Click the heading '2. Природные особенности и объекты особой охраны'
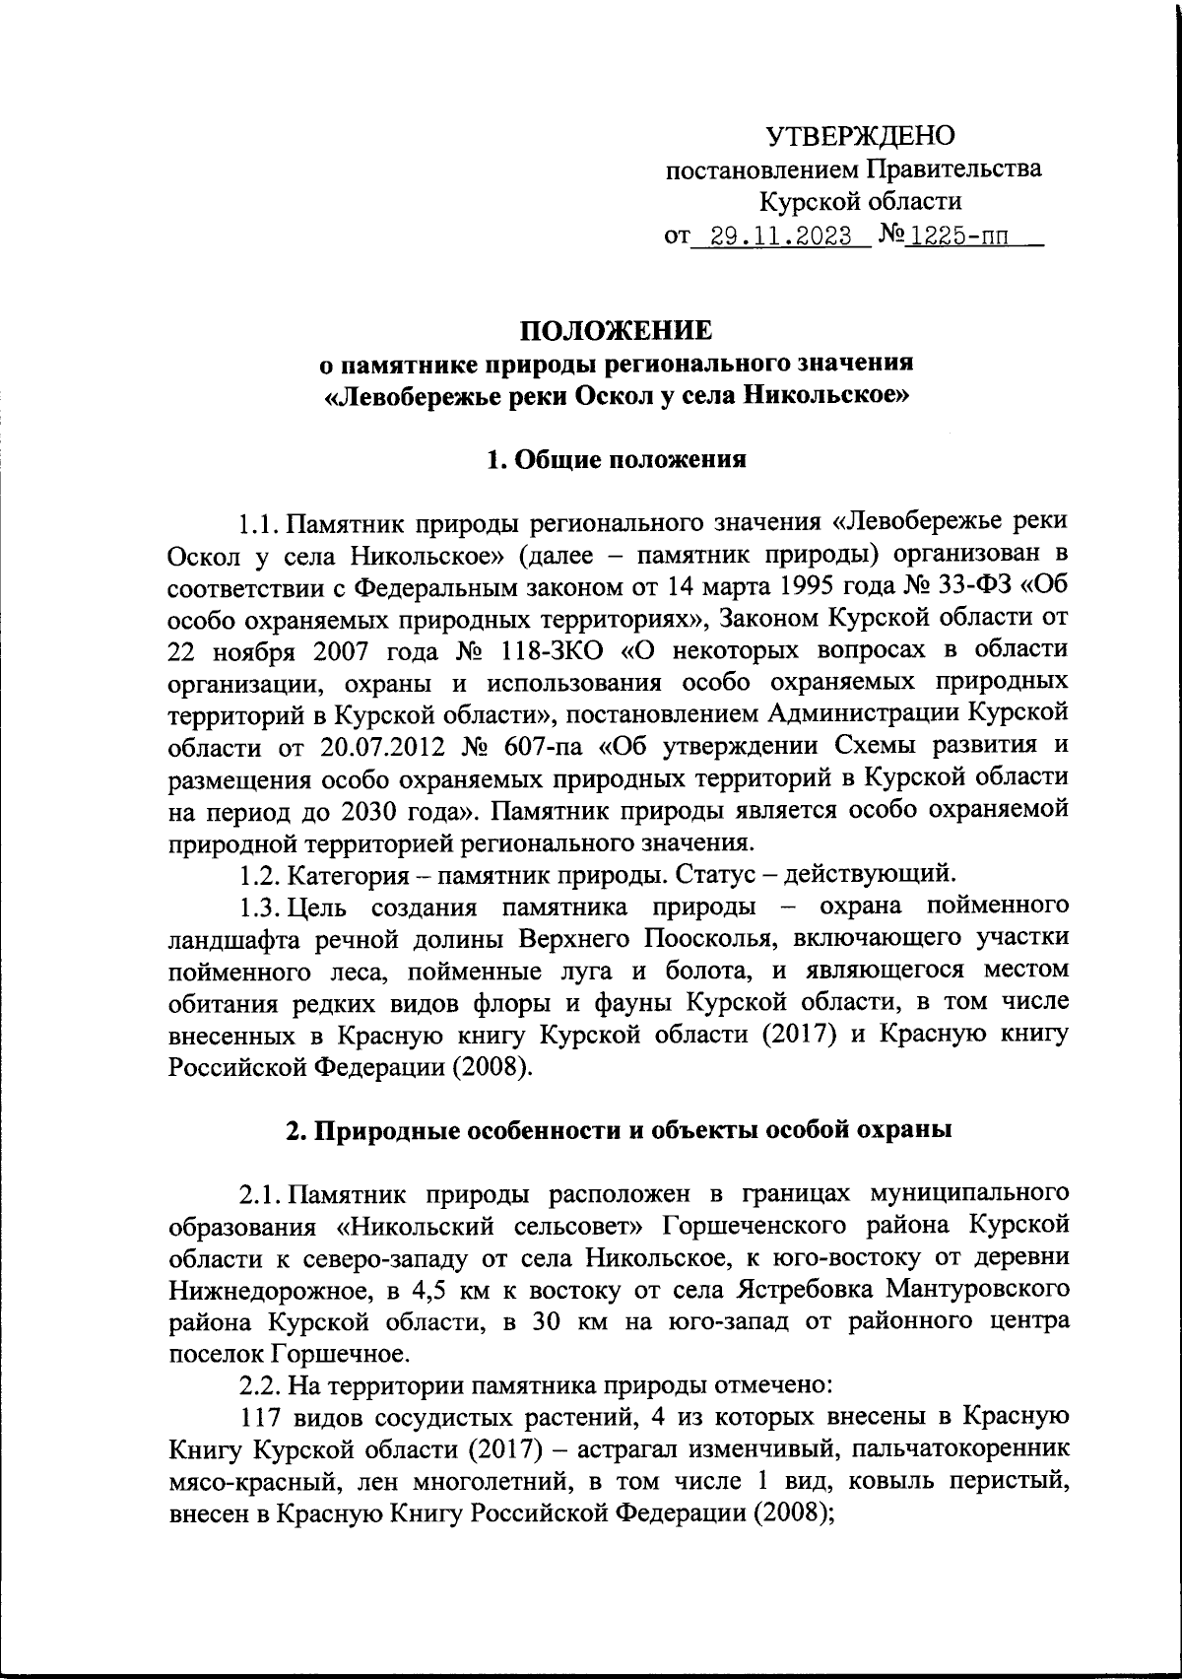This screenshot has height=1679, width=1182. coord(618,1130)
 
